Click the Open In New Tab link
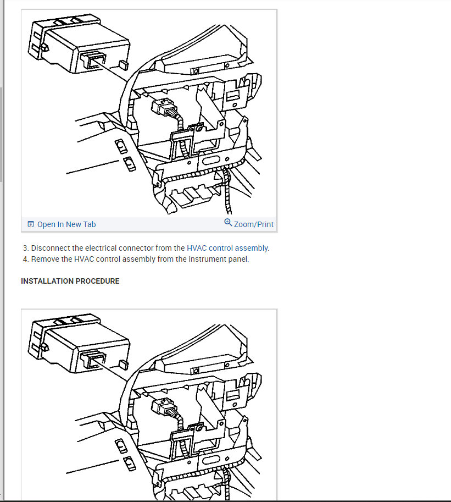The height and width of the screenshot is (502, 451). tap(66, 224)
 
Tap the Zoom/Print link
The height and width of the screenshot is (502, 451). tap(254, 224)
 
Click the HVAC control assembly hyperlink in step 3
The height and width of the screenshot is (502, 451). tap(228, 248)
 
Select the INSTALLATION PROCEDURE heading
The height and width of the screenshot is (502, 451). tap(70, 281)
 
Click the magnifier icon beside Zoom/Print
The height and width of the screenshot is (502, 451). tap(228, 223)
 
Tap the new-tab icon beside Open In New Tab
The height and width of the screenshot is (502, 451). tap(31, 224)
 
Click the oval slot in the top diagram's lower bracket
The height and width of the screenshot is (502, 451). tap(210, 160)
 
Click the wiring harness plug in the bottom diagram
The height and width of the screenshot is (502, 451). tap(164, 407)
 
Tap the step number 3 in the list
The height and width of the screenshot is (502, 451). tap(25, 248)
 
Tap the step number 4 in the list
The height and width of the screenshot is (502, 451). tap(25, 259)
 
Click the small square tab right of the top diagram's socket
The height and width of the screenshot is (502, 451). tap(124, 65)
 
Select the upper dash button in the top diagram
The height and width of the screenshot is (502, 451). tap(121, 146)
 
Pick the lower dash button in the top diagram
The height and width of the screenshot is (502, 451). tap(130, 164)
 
